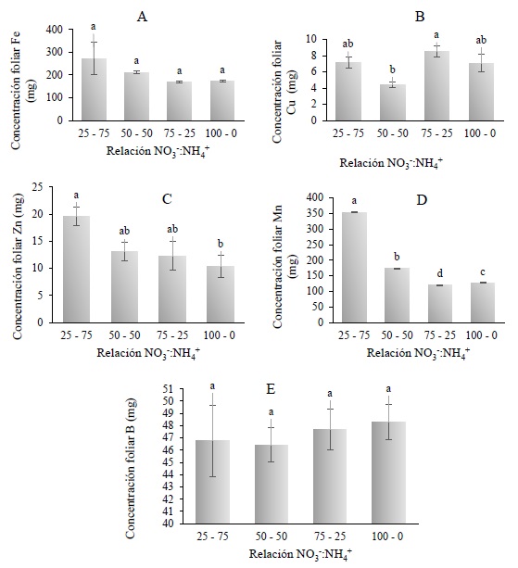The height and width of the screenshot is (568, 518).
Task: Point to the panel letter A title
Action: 142,16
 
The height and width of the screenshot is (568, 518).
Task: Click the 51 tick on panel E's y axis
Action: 166,388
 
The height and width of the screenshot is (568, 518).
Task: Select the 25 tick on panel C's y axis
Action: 43,188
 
